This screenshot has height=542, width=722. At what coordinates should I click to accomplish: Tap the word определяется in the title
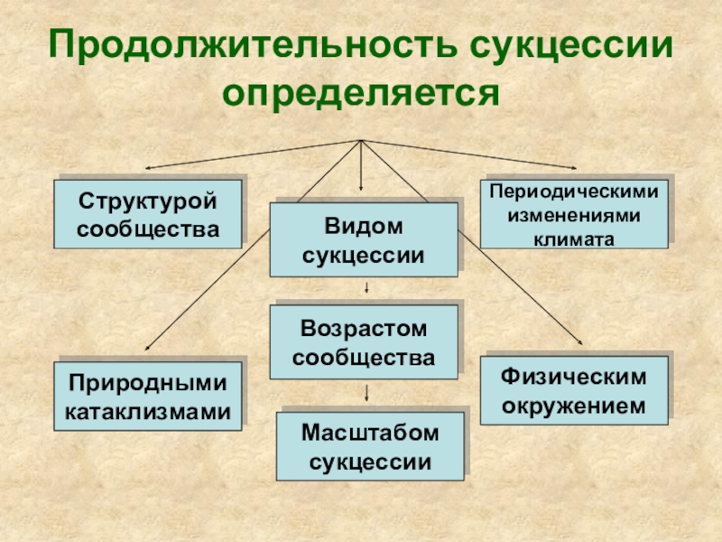click(361, 91)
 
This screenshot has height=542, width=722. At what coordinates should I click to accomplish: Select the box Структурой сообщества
click(148, 214)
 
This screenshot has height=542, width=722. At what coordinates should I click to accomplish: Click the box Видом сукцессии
click(364, 239)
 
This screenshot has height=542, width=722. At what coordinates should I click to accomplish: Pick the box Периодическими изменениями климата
click(574, 213)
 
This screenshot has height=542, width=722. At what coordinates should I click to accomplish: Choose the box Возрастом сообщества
click(364, 341)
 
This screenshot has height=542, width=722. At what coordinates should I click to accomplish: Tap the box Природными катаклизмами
click(148, 397)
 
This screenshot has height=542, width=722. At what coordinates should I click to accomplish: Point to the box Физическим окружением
click(574, 389)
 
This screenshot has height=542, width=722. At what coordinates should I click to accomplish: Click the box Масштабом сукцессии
click(370, 445)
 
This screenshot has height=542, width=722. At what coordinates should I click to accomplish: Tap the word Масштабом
click(370, 432)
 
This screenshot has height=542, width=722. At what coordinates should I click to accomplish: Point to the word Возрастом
click(364, 326)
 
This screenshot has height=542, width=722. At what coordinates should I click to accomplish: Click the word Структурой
click(148, 198)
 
